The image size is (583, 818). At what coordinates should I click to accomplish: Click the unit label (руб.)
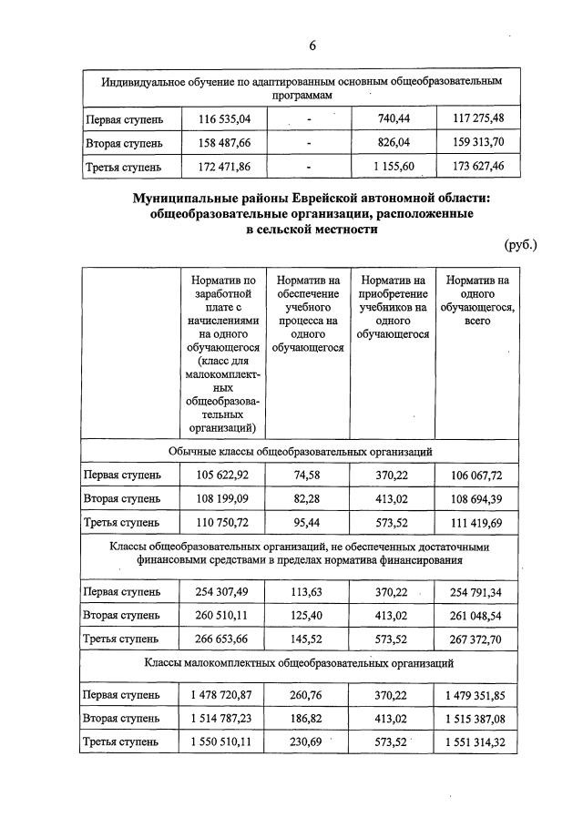click(520, 244)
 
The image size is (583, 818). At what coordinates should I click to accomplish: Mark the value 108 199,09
click(223, 498)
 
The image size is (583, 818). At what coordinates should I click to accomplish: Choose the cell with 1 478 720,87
click(223, 694)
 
